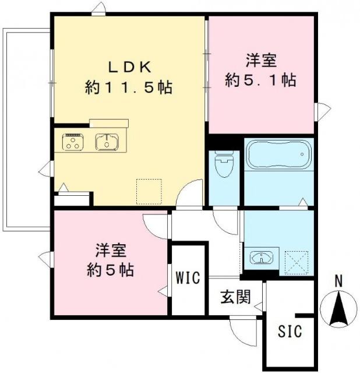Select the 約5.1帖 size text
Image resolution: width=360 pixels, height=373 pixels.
point(260,79)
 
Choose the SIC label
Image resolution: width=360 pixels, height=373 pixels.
point(290,332)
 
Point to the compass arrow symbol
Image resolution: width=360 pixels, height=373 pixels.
point(338,308)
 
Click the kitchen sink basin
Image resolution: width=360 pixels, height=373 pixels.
point(107,142)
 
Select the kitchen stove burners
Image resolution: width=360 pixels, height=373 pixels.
point(74,142)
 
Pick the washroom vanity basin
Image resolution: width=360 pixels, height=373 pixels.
point(262,257)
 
